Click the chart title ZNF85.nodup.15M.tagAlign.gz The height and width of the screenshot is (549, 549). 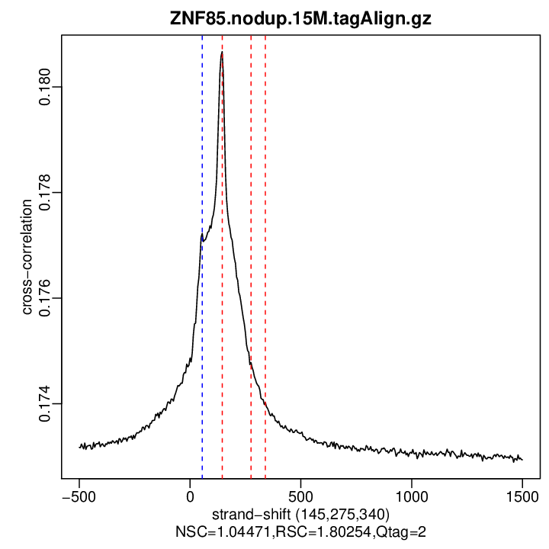300,20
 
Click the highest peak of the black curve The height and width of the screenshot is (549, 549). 222,53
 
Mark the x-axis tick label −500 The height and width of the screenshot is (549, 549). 79,495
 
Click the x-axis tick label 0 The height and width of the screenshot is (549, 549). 190,495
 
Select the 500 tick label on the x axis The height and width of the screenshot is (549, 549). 300,495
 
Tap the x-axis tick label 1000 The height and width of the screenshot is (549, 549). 411,495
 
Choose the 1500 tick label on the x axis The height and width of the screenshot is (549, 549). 522,495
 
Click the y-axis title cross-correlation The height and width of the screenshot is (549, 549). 27,257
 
